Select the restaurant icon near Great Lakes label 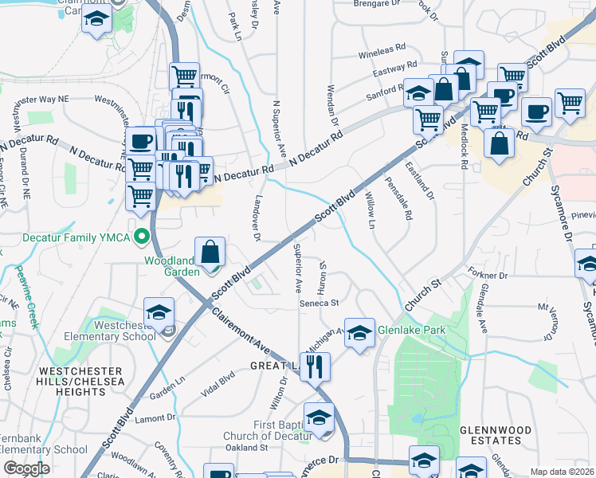316,367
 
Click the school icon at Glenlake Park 359,333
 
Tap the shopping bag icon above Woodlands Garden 210,253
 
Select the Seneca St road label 320,303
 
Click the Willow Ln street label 370,209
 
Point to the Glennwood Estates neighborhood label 495,436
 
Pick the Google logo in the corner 25,468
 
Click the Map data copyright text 561,472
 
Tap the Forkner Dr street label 488,275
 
